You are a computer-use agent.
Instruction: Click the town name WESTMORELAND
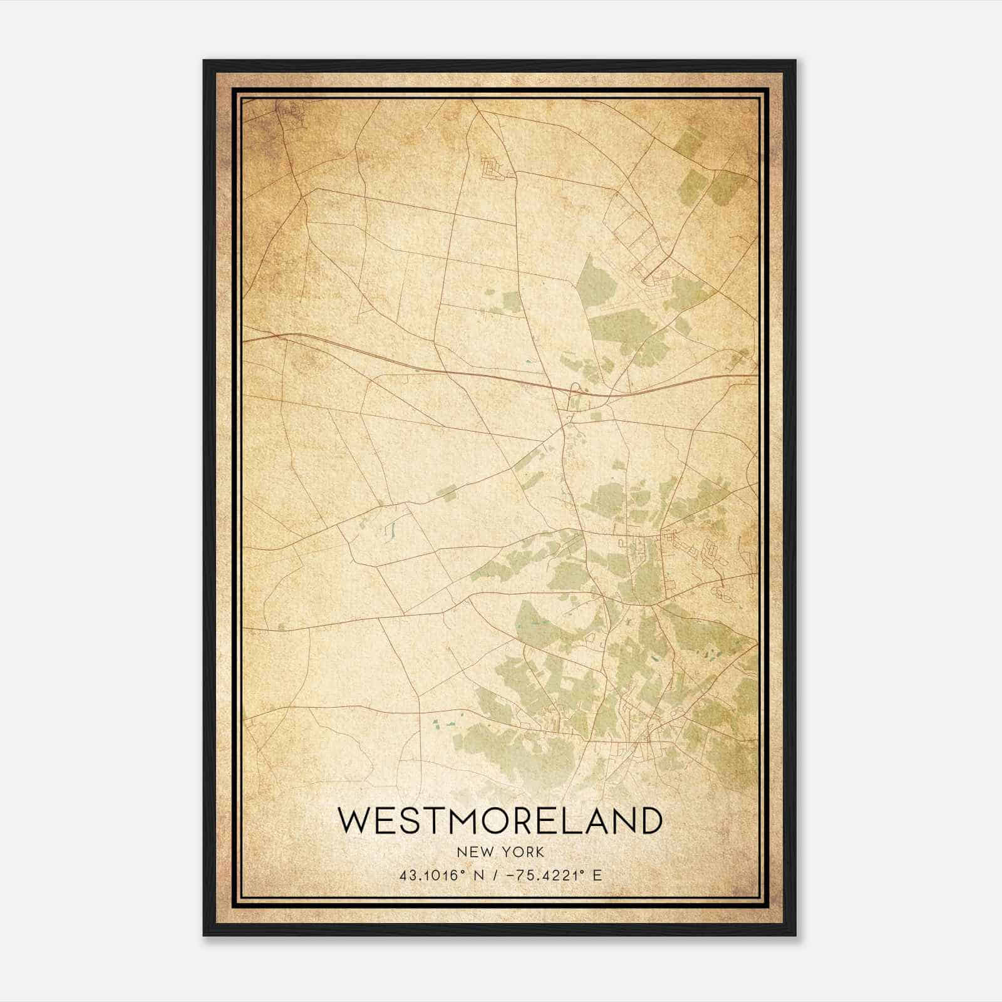500,820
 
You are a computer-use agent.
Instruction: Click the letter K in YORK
539,852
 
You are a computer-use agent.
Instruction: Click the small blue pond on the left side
389,531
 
